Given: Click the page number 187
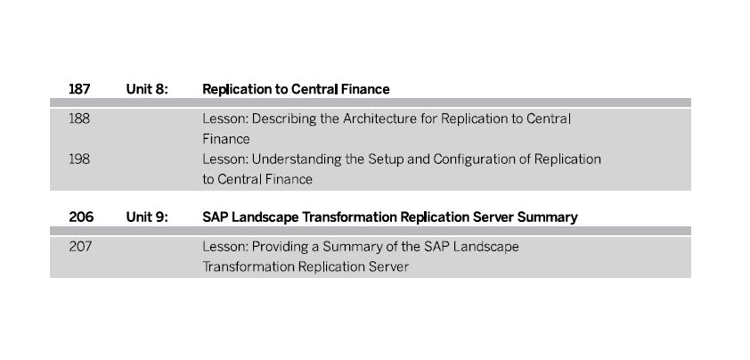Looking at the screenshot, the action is tap(79, 89).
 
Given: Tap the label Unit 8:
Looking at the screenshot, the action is tap(147, 89).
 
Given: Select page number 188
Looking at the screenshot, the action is tap(79, 119).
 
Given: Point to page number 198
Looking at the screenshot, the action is tap(79, 159).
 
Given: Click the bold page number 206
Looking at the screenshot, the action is tap(81, 217).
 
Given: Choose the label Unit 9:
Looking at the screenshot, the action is tap(147, 217).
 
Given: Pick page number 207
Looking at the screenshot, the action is tap(80, 247).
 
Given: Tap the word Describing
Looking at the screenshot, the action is tap(284, 119).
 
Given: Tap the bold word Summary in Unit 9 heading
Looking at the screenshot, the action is tap(548, 218).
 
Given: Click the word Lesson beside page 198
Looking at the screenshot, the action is tap(225, 159).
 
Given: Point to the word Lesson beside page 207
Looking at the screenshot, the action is tap(225, 247).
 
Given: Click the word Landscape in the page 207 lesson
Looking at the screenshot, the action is tap(485, 248).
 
